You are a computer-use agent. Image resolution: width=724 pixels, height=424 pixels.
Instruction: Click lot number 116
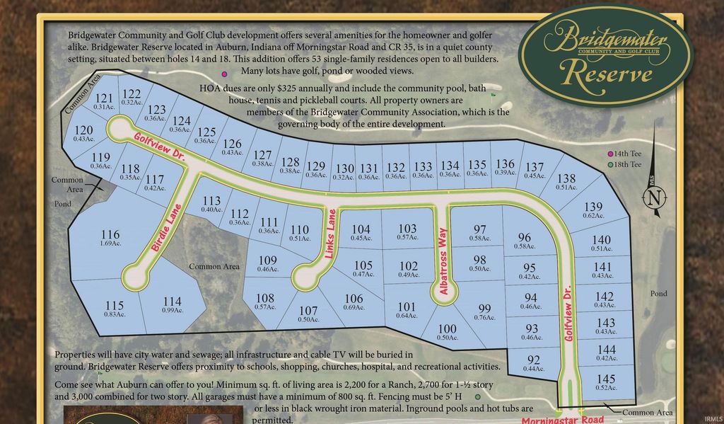tap(110, 235)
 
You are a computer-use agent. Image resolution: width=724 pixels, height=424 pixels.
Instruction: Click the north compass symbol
tap(655, 196)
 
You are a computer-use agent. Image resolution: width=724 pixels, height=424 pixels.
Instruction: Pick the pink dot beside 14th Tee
tap(611, 154)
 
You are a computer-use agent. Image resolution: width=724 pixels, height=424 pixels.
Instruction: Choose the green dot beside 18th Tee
tap(611, 165)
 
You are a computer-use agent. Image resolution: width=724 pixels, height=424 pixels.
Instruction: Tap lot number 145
tap(606, 379)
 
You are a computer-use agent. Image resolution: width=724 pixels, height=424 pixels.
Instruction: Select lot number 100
tap(447, 328)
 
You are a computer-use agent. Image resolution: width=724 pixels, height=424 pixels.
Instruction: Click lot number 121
tap(105, 98)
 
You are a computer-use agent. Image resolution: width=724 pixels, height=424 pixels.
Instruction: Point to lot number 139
tap(593, 207)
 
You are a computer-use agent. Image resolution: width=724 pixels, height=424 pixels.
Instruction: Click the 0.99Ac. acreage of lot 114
tap(172, 311)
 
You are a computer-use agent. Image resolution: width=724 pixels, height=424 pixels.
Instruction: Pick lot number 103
tap(408, 229)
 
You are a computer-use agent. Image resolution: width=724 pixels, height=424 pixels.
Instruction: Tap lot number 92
tap(534, 360)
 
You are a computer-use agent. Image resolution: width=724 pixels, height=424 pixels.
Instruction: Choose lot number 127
tap(262, 155)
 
